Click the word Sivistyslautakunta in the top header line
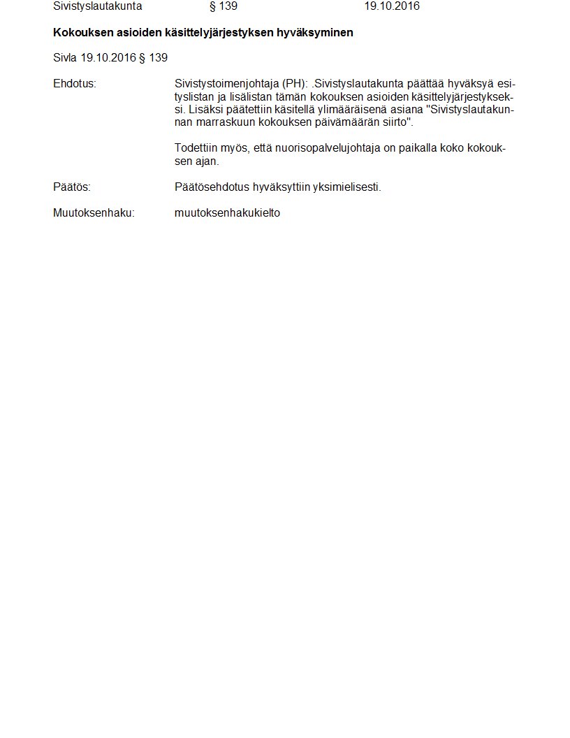point(97,6)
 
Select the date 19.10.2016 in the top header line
point(391,6)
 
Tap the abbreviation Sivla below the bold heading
point(65,58)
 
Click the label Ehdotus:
point(74,84)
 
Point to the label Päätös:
point(72,187)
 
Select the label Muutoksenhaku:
point(94,213)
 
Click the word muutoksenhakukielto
point(227,213)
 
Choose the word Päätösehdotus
point(212,187)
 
